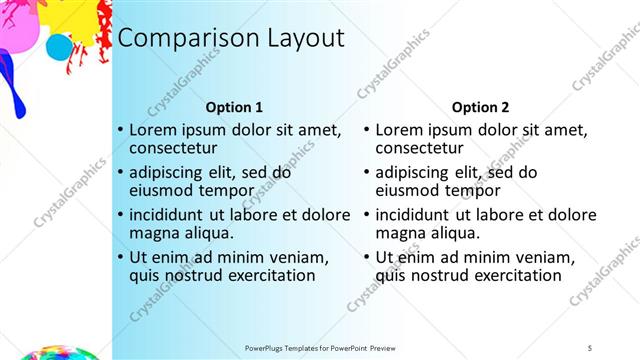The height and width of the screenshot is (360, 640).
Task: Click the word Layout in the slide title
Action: (x=305, y=38)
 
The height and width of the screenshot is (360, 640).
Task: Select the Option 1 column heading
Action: (x=234, y=107)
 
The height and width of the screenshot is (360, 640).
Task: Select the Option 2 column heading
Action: (x=480, y=107)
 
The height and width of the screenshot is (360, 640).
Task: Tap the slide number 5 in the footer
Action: (x=589, y=347)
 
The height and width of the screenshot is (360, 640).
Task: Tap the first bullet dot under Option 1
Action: (x=121, y=130)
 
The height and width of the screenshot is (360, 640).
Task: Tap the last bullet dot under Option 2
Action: (x=367, y=257)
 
